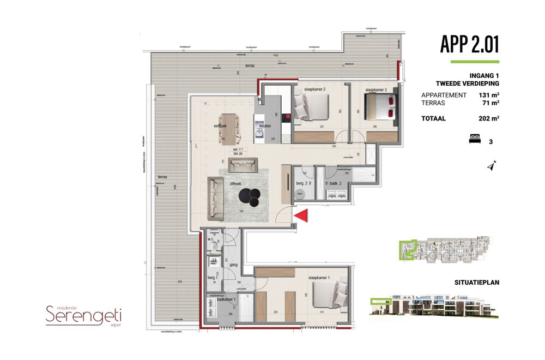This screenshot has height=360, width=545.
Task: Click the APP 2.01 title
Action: (469, 44)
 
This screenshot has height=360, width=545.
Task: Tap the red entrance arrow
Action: (302, 216)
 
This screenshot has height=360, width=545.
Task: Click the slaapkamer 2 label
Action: (314, 89)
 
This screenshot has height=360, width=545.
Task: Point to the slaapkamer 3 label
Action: (376, 89)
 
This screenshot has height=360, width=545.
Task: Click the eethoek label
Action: (220, 126)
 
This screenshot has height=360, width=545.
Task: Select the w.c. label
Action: (210, 239)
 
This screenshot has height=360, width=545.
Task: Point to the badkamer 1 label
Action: (226, 299)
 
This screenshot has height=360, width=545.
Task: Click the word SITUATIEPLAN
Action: (477, 283)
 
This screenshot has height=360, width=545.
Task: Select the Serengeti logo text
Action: (83, 315)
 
